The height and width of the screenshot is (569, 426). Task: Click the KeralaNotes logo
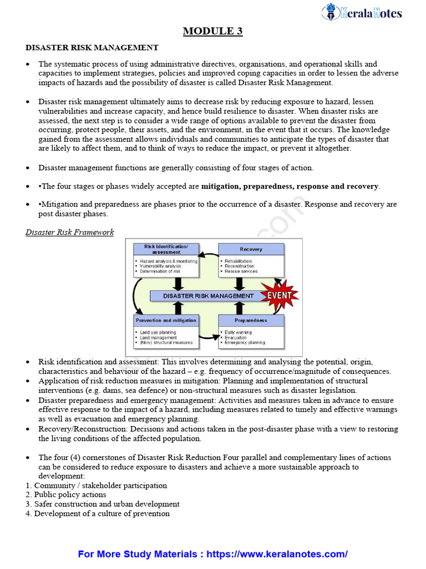point(362,13)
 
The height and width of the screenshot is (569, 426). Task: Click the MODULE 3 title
point(213,31)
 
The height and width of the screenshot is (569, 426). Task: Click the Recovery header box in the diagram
point(251,249)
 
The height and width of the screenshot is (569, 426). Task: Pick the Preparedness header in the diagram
point(251,321)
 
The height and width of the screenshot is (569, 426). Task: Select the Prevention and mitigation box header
point(166,321)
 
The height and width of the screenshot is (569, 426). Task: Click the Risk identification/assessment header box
point(166,249)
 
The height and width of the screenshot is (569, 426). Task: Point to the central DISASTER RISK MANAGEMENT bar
point(209,296)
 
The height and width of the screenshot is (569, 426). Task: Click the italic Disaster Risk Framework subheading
point(70,232)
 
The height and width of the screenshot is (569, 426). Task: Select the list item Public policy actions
point(70,495)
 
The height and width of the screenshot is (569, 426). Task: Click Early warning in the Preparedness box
point(239,332)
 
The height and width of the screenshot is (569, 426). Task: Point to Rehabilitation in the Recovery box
point(239,261)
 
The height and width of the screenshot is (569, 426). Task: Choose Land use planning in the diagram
point(158,332)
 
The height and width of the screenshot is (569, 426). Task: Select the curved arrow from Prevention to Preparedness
point(209,336)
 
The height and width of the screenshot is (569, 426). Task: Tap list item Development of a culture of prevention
point(102,513)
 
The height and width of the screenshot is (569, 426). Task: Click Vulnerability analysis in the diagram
point(160,266)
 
